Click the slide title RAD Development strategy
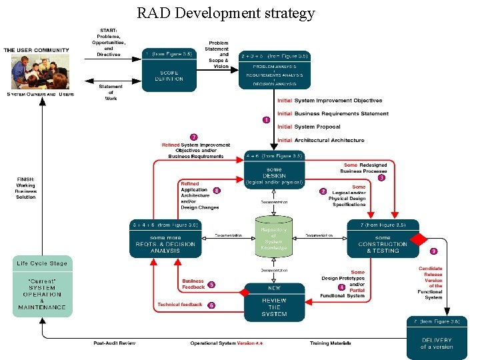(225, 13)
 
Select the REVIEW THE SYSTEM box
(274, 303)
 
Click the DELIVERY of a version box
(436, 339)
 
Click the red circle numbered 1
(266, 120)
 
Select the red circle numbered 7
(193, 137)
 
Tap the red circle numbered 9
(433, 251)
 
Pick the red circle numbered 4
(341, 287)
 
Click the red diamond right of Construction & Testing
(418, 238)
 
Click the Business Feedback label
(193, 284)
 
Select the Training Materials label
(330, 343)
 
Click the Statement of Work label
(111, 92)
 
